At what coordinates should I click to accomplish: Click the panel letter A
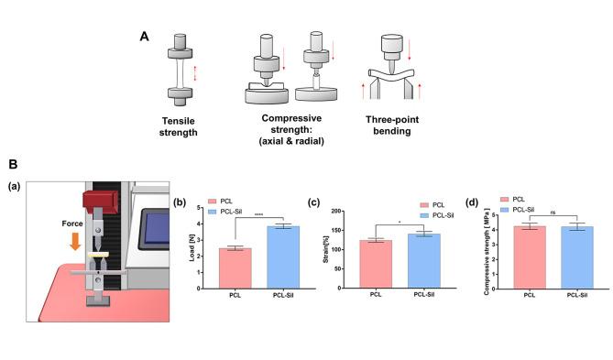coord(143,37)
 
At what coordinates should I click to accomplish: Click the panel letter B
coord(14,165)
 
